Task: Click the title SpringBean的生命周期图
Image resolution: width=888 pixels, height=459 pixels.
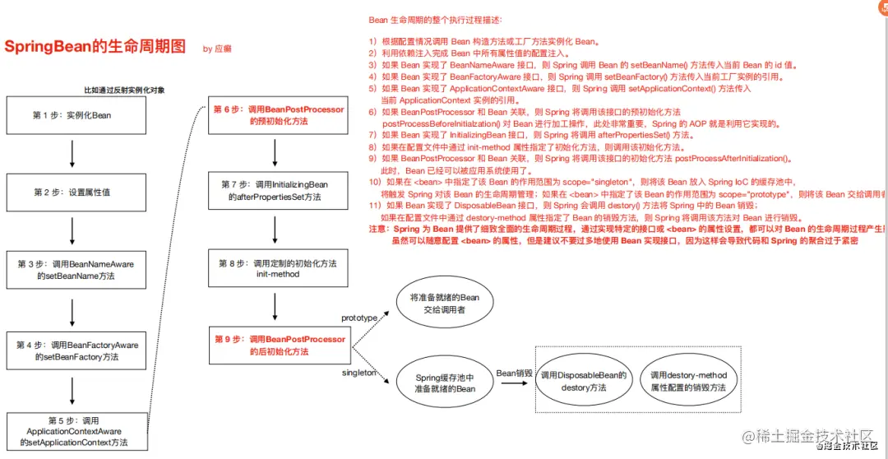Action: click(x=95, y=46)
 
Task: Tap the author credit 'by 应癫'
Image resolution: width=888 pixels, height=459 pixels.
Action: click(x=217, y=49)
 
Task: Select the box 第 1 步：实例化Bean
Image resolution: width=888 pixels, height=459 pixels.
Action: click(x=72, y=115)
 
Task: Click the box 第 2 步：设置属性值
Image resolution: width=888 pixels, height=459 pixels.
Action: click(x=72, y=192)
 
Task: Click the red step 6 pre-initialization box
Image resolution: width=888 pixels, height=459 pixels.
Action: click(x=279, y=115)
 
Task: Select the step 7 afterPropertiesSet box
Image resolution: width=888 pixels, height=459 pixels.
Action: click(x=275, y=191)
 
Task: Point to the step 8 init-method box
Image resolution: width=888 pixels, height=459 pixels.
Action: click(x=277, y=268)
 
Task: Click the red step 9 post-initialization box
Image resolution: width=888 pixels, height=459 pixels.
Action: click(x=279, y=345)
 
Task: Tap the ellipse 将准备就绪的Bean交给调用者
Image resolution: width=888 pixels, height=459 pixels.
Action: click(x=444, y=304)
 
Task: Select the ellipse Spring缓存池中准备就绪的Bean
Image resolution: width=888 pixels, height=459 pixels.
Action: click(x=446, y=382)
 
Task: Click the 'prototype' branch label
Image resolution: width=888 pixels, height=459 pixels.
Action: click(x=359, y=318)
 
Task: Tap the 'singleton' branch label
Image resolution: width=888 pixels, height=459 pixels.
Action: click(x=358, y=373)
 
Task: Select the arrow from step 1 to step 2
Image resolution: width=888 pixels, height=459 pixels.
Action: click(x=72, y=154)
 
